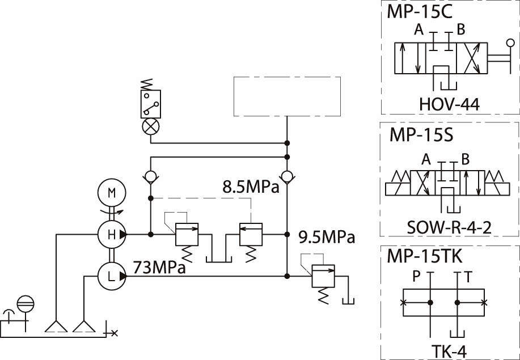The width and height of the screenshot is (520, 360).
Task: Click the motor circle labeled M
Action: (x=112, y=193)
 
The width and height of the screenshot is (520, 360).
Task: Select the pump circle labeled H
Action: (x=112, y=234)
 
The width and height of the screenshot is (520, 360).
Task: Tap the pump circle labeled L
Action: (x=112, y=276)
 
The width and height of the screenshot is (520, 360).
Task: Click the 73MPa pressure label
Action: (x=159, y=267)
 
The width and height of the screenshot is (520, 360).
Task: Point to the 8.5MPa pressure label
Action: (x=251, y=187)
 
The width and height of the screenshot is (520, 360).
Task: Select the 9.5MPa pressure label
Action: (x=327, y=238)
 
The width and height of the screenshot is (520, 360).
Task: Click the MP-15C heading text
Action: (x=419, y=12)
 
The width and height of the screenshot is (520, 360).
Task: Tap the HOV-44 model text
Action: (x=449, y=104)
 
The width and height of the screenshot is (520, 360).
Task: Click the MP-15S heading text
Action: (x=421, y=135)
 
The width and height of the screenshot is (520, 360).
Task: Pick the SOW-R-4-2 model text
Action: (x=449, y=228)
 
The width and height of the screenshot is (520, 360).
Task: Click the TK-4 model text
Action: (x=449, y=351)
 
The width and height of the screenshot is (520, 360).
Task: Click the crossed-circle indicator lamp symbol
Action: (x=151, y=126)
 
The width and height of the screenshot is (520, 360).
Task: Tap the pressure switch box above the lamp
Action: (x=151, y=104)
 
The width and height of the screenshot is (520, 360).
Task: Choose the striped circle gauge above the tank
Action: (x=26, y=304)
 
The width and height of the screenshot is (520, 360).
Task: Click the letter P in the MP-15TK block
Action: (x=417, y=277)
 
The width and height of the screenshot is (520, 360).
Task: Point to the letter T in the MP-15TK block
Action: (x=468, y=277)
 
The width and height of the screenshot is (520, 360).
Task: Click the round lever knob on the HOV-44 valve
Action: (x=510, y=43)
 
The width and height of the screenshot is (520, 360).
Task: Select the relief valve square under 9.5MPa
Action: (x=323, y=276)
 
